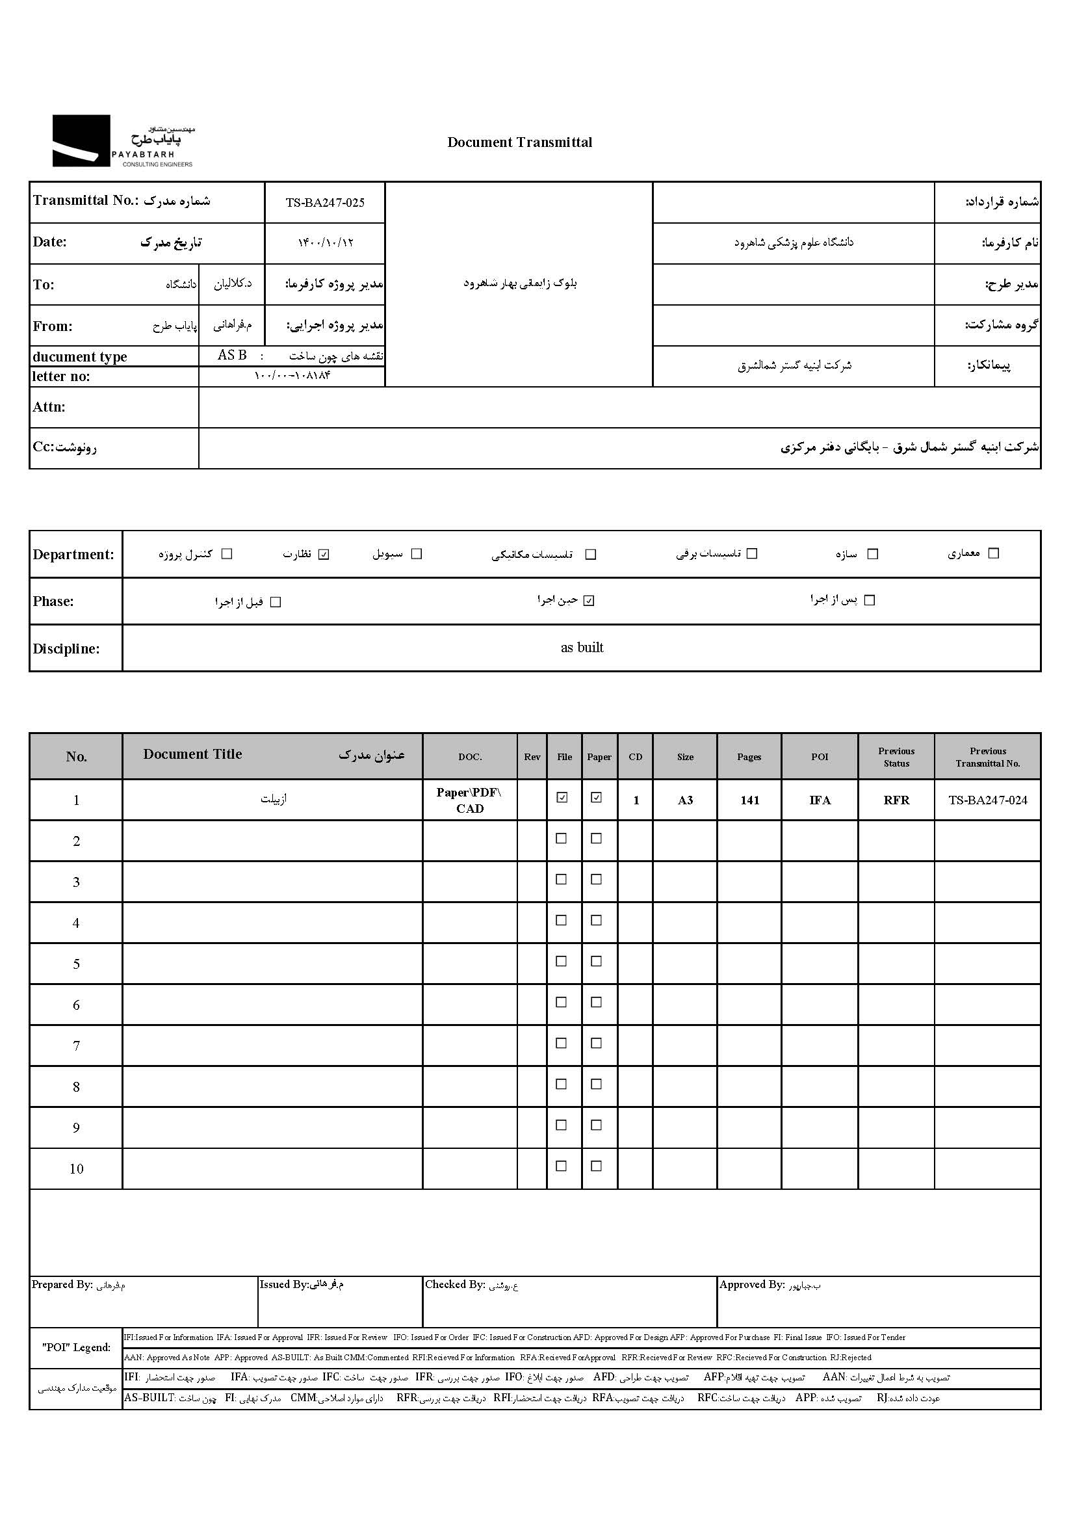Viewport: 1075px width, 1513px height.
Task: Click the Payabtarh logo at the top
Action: click(x=122, y=141)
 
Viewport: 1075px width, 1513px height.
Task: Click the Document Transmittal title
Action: click(x=520, y=142)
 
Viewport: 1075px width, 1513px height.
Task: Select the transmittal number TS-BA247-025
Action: click(x=325, y=203)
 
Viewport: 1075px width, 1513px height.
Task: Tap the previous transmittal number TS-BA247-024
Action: click(x=988, y=800)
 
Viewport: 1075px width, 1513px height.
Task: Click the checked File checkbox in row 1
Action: click(x=562, y=798)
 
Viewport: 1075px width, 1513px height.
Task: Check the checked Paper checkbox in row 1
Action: click(x=597, y=798)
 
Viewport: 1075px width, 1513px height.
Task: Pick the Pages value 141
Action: click(x=749, y=800)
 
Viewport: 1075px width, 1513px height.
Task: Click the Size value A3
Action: click(x=685, y=800)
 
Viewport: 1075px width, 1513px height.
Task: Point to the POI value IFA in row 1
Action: click(x=820, y=800)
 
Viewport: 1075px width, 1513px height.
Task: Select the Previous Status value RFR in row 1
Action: click(x=896, y=800)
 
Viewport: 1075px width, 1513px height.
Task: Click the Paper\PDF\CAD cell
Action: click(x=469, y=800)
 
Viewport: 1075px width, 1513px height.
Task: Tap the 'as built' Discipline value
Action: click(x=582, y=648)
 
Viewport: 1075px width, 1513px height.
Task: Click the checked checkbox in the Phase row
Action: click(x=589, y=601)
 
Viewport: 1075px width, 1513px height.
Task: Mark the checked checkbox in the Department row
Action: click(x=324, y=554)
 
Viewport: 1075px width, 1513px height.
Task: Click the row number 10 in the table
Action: click(x=76, y=1169)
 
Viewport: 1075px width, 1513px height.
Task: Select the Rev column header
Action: click(x=532, y=757)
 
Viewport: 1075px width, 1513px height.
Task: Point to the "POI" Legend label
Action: click(x=76, y=1347)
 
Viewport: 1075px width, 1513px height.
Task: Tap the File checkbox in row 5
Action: click(x=562, y=962)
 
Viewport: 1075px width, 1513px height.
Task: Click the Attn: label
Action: click(x=49, y=407)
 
